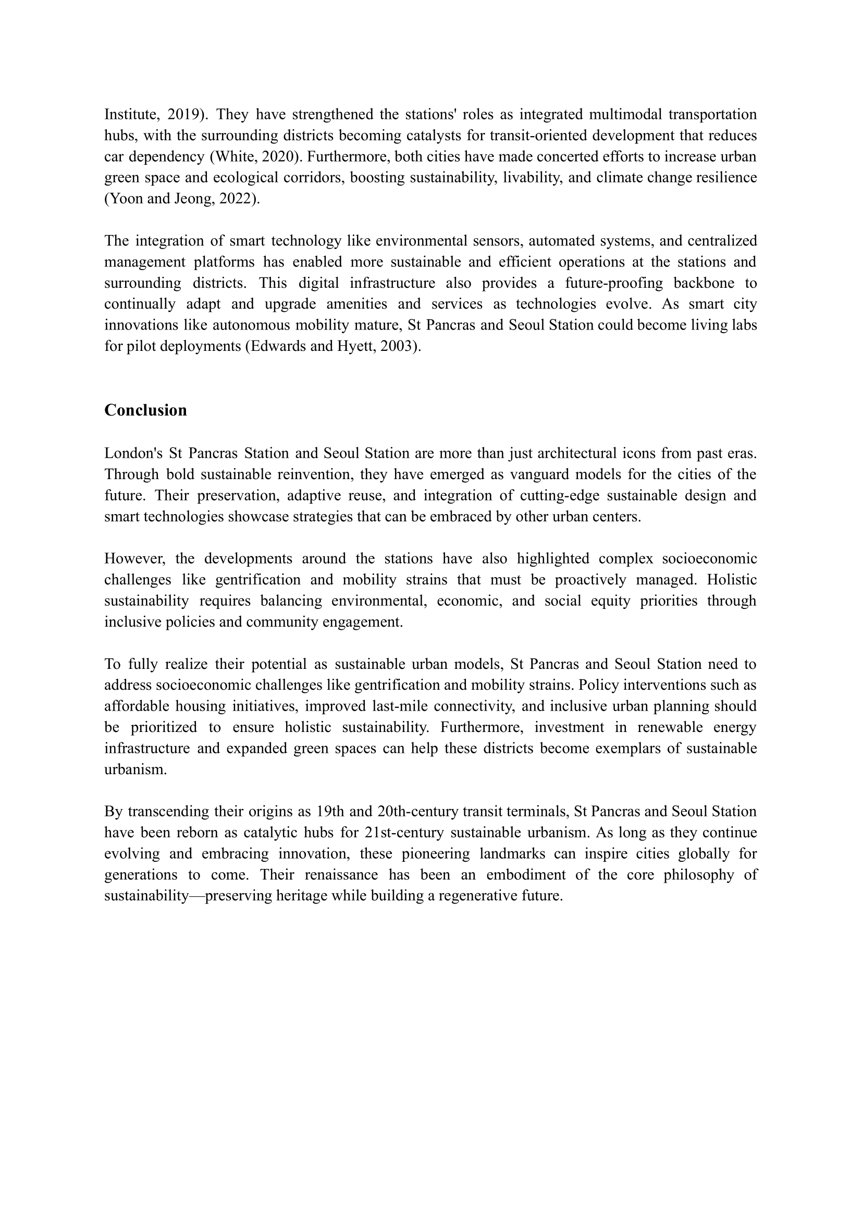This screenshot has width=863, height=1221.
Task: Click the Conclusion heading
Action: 145,410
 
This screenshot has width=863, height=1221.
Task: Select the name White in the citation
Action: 232,157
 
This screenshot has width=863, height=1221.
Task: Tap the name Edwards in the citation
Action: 277,347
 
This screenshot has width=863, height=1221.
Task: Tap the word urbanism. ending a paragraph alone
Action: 135,770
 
